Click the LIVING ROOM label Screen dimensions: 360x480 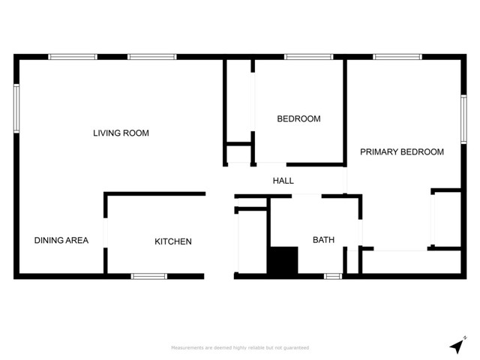coord(121,133)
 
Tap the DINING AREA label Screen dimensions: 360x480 coord(61,241)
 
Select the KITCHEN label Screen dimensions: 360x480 coord(173,241)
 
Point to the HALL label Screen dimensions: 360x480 coord(283,181)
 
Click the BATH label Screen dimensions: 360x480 coord(323,241)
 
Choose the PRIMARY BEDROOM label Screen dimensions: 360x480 coord(401,151)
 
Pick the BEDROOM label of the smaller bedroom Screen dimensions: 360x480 coord(298,118)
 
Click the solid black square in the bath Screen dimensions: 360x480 coord(283,261)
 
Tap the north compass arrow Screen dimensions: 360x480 coord(456,346)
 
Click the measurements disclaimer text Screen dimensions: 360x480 coord(240,348)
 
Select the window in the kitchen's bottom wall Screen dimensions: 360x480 coord(148,277)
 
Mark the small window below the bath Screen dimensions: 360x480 coord(332,277)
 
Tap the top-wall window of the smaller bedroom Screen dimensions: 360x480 coord(308,56)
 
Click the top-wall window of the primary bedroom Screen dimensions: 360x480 coord(397,56)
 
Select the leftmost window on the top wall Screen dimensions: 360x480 coord(73,56)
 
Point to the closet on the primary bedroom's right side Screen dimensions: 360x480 coord(447,219)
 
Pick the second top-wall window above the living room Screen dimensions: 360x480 coord(151,56)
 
